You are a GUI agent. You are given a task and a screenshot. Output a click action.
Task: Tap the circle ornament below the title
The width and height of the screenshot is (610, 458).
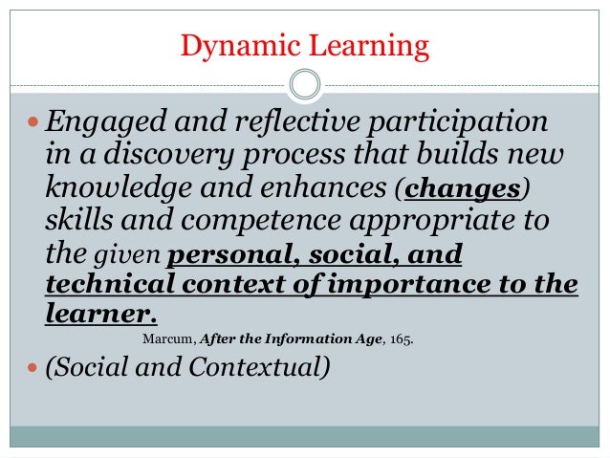coord(305,84)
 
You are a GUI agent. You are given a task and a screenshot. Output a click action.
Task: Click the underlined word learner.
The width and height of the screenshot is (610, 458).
coord(99,316)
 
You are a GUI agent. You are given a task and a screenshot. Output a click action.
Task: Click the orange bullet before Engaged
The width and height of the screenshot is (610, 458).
coord(33,125)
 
